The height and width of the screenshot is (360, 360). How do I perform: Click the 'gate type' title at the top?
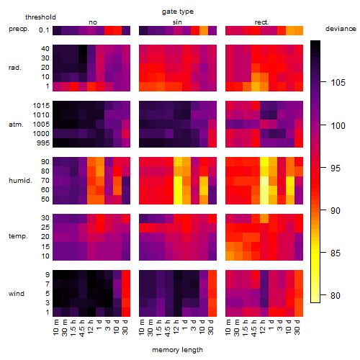tap(178, 12)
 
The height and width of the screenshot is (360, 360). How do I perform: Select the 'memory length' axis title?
tap(177, 350)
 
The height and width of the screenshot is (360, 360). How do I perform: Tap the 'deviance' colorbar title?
tap(341, 29)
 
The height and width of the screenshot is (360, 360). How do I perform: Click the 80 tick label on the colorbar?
tap(336, 295)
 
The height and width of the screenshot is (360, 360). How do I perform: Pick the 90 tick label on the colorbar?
tap(336, 211)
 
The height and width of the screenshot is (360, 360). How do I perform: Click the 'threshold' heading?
tap(40, 17)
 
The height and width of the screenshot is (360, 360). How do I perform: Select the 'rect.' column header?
tap(261, 22)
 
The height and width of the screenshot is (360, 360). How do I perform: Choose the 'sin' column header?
tap(177, 22)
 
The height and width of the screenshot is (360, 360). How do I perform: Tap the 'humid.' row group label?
tap(20, 181)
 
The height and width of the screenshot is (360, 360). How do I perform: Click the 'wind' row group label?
tap(17, 294)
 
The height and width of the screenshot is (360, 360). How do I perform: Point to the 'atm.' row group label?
tap(16, 125)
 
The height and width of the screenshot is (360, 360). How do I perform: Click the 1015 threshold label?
tap(41, 106)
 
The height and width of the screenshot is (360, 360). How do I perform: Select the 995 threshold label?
tap(43, 143)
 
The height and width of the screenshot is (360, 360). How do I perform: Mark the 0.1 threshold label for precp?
tap(44, 30)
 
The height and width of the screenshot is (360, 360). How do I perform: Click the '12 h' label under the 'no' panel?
tap(90, 327)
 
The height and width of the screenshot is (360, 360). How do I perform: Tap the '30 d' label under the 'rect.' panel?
tap(297, 328)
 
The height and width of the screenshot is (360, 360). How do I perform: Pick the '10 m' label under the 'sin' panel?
tap(142, 328)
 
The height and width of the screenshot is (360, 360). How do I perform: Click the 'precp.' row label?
tap(19, 29)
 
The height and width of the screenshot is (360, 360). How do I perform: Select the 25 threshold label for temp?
tap(45, 228)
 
